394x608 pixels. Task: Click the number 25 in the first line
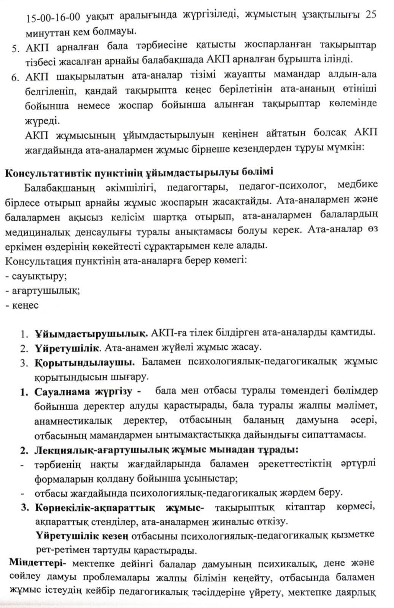pos(370,15)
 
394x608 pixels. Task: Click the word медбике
pos(357,185)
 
